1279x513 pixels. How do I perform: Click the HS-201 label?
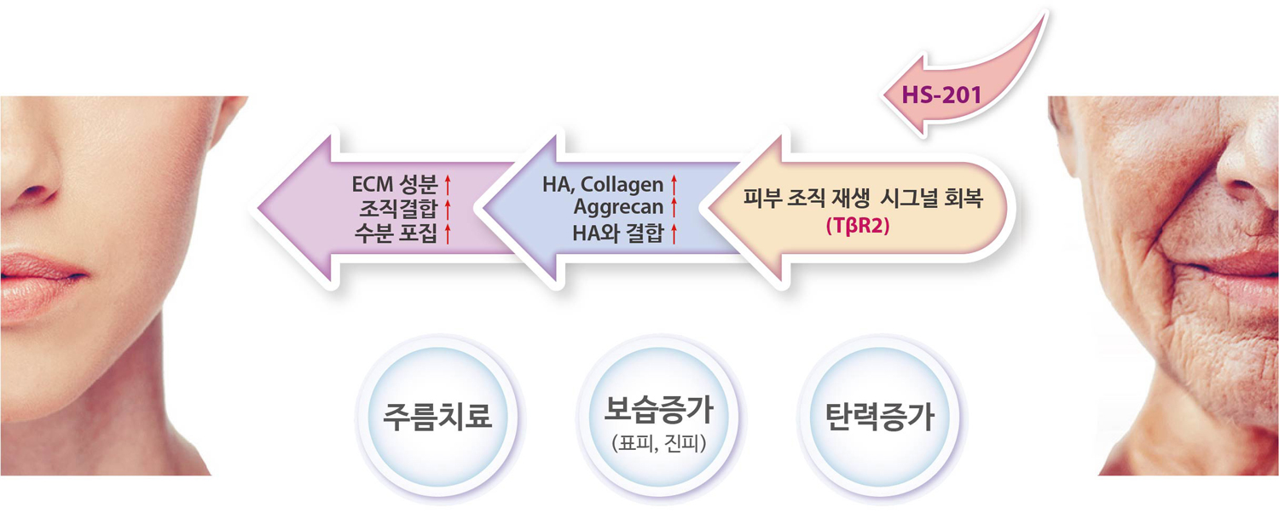tap(941, 95)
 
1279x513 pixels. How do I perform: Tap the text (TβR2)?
tap(858, 226)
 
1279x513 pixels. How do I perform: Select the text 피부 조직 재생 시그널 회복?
tap(863, 198)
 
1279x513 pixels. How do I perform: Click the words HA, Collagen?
tap(603, 184)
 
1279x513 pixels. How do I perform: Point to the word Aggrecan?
tap(618, 206)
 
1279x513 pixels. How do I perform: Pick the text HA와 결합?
tap(618, 233)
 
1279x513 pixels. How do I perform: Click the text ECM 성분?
tap(395, 184)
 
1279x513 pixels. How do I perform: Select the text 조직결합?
tap(398, 209)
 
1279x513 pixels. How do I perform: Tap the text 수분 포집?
tap(396, 233)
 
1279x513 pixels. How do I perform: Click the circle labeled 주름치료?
tap(437, 416)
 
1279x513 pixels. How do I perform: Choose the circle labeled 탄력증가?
tap(880, 416)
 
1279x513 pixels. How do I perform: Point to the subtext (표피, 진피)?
tap(659, 443)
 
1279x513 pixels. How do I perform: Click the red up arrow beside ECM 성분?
tap(448, 185)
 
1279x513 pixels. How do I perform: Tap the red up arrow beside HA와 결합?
tap(674, 233)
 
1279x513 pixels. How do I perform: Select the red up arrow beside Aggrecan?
tap(674, 207)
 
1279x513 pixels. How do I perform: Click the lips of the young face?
tap(40, 280)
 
